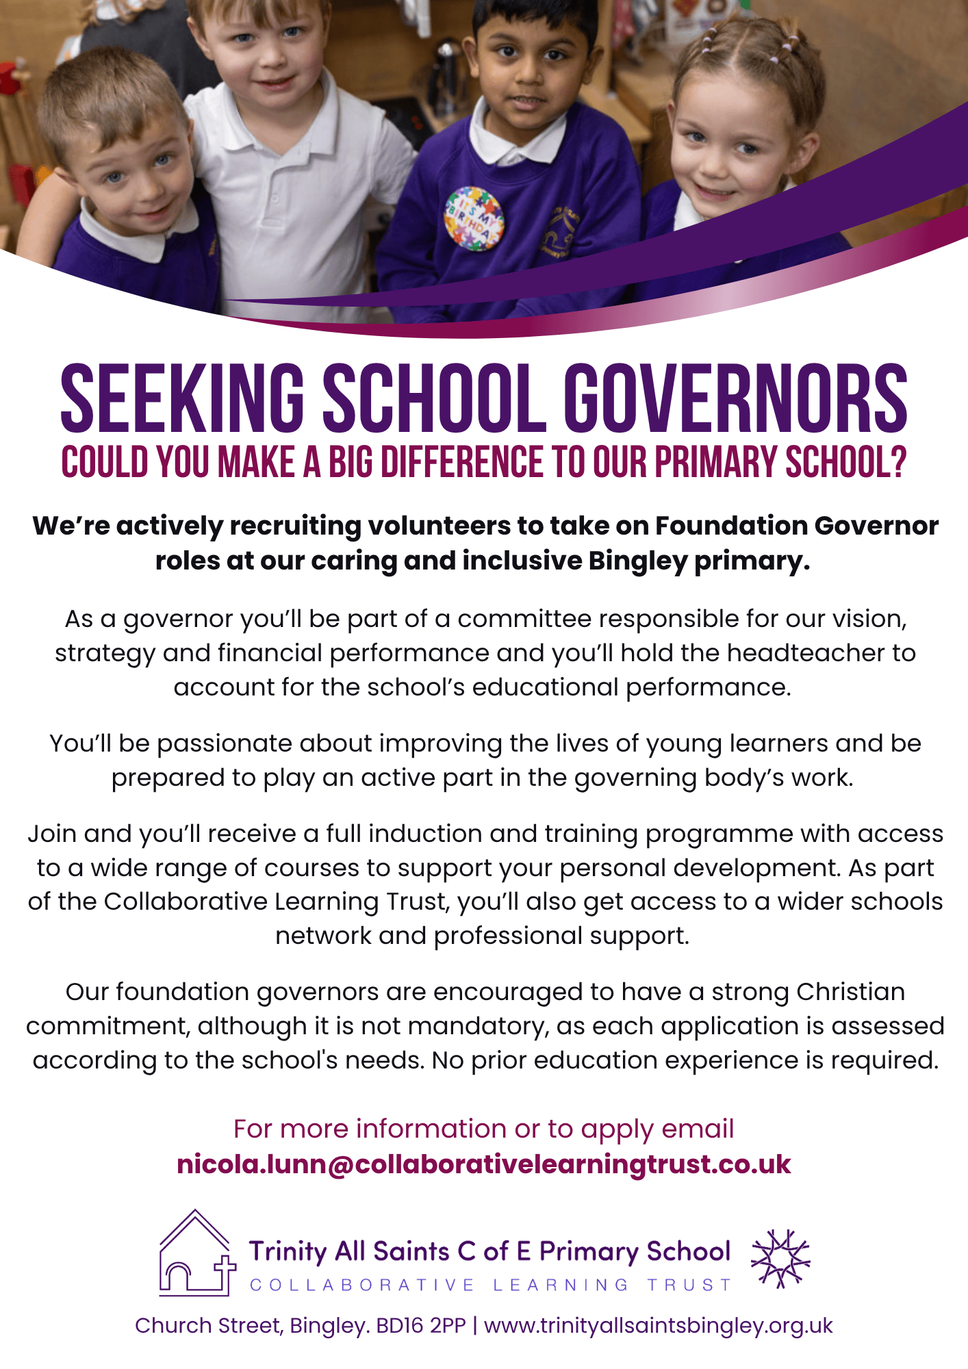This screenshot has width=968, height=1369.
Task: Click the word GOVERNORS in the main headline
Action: tap(735, 398)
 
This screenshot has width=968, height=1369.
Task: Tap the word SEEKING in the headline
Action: tap(182, 398)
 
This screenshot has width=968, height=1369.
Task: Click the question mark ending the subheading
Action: tap(898, 462)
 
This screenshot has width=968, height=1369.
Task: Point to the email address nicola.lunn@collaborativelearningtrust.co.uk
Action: tap(483, 1164)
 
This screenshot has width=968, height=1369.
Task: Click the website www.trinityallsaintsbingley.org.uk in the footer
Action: tap(658, 1326)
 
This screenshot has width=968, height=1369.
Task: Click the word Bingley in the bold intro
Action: tap(637, 561)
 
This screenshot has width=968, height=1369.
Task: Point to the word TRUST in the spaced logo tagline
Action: tap(689, 1285)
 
